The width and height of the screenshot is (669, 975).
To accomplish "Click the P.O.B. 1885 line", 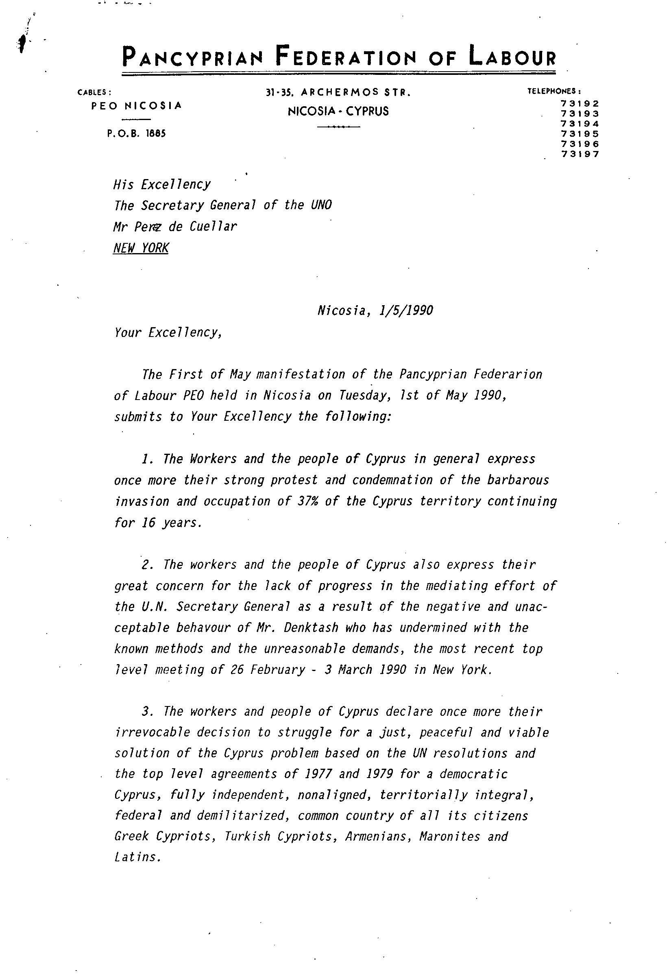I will (137, 134).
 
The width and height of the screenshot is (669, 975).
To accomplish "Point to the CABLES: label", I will (94, 92).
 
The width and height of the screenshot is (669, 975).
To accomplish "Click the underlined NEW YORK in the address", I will (141, 248).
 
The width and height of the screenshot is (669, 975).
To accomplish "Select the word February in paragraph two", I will (278, 670).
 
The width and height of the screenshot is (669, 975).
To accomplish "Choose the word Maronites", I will (449, 837).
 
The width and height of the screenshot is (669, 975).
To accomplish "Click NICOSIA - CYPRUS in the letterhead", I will (338, 111).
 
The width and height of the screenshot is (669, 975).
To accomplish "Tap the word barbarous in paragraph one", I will (518, 480).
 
